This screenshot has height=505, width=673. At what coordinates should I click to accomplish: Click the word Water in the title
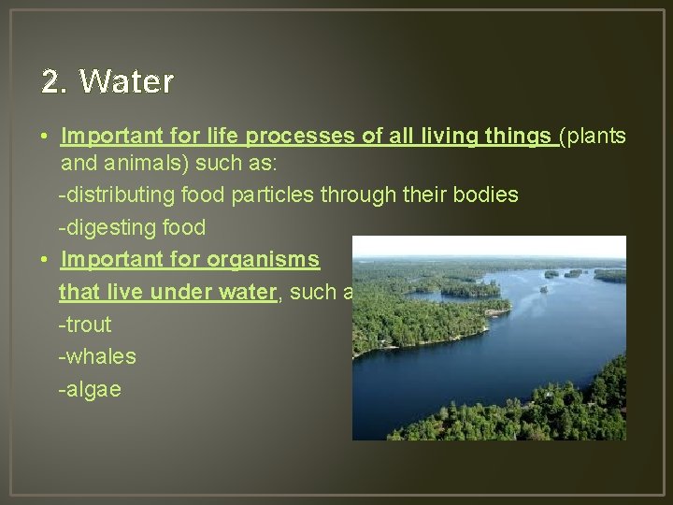[127, 82]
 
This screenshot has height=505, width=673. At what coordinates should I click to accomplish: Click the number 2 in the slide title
[51, 82]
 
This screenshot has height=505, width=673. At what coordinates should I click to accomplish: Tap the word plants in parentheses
[595, 137]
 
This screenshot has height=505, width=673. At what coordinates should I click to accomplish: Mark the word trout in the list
[87, 325]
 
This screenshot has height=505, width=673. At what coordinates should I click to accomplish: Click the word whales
[100, 356]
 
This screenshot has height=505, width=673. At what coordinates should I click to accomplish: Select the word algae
[93, 389]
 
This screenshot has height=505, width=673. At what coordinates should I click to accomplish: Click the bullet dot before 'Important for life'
[45, 137]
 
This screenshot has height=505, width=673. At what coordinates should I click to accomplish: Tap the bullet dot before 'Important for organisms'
[45, 260]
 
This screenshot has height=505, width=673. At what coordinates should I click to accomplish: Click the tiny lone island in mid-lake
[544, 289]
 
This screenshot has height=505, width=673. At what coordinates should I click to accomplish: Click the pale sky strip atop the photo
[486, 246]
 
